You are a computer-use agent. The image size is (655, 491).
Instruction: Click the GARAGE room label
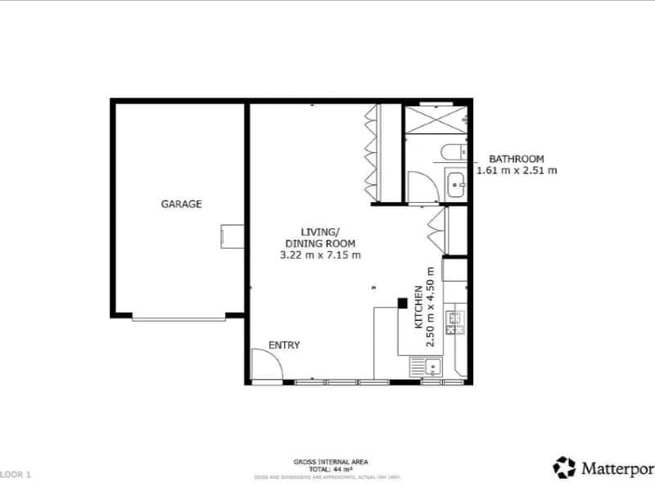[x=181, y=204]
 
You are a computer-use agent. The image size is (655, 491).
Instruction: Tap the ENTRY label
[x=283, y=345]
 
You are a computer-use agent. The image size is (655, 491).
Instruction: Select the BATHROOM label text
[x=516, y=159]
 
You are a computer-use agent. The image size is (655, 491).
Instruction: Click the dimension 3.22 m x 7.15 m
[x=320, y=255]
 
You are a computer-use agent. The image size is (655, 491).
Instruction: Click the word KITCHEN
[x=418, y=307]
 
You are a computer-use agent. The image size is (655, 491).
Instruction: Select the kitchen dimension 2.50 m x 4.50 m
[x=431, y=307]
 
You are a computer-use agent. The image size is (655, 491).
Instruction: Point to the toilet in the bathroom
[x=451, y=153]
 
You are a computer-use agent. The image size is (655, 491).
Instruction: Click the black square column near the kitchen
[x=402, y=303]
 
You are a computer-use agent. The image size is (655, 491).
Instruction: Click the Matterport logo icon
[x=564, y=467]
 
